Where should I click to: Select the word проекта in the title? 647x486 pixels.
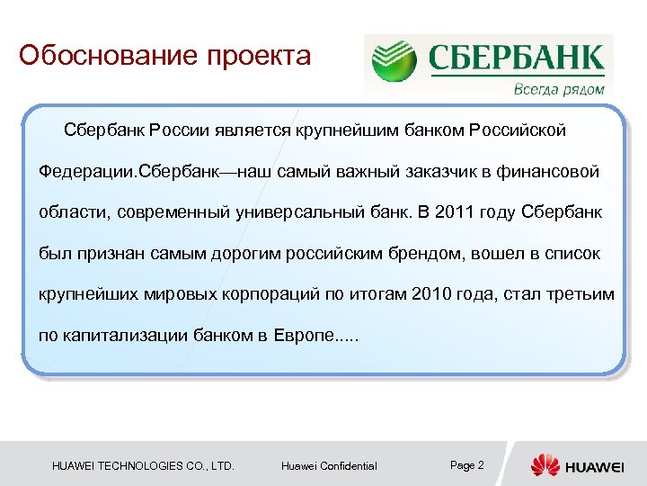click(260, 56)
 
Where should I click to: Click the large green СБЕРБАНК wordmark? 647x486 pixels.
click(515, 58)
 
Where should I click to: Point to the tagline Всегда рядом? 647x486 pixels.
click(558, 89)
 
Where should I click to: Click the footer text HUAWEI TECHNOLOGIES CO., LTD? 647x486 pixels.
click(143, 466)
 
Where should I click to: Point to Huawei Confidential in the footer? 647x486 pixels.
click(329, 466)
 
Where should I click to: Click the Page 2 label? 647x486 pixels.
click(466, 465)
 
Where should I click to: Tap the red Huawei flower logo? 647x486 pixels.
click(545, 465)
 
